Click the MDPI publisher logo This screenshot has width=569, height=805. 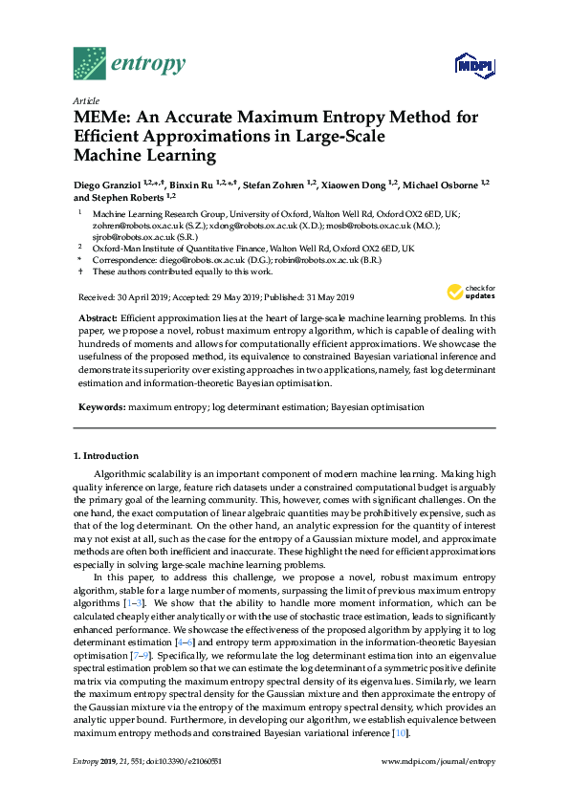[471, 65]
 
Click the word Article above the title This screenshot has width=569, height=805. [86, 99]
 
